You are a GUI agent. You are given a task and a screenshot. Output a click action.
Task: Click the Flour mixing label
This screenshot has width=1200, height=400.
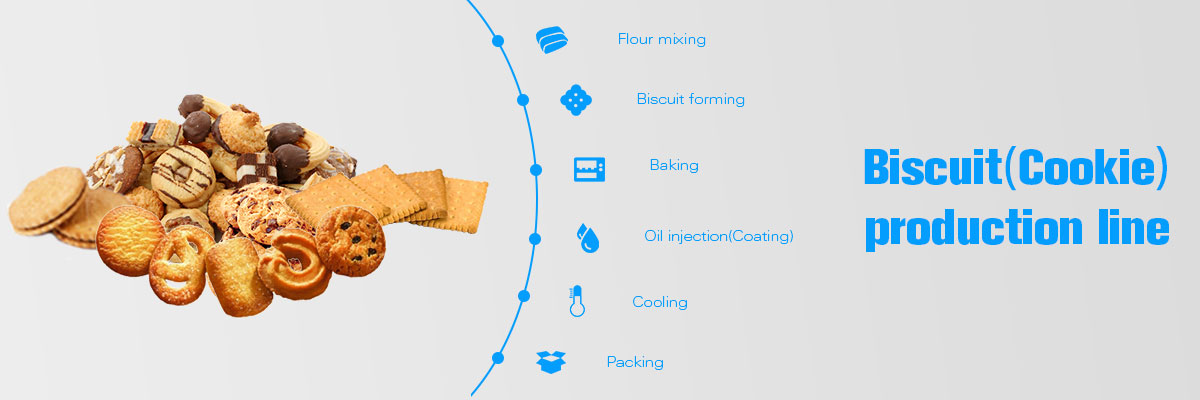[x=662, y=40]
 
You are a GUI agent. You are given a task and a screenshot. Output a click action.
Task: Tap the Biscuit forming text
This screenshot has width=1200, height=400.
[x=691, y=99]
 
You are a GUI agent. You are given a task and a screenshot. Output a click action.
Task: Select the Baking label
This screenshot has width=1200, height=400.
[x=674, y=165]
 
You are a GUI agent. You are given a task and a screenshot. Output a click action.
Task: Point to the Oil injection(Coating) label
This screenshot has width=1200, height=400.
[x=718, y=236]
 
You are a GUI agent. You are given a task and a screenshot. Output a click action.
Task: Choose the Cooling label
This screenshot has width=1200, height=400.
[x=660, y=303]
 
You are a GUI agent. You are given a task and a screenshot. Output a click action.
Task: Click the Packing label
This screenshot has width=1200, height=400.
[x=635, y=363]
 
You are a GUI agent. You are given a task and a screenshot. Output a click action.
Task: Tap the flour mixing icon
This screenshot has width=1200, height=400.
[x=552, y=40]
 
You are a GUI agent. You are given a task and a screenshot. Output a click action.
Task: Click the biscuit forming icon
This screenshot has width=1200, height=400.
[x=576, y=100]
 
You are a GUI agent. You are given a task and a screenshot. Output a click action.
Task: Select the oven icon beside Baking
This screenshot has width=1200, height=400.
[x=589, y=169]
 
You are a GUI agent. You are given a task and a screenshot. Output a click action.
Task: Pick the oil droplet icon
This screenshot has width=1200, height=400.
[x=588, y=238]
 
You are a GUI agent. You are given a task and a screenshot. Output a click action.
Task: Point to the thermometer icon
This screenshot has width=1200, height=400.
[x=577, y=301]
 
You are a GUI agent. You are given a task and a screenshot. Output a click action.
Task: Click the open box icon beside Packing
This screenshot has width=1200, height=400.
[x=551, y=362]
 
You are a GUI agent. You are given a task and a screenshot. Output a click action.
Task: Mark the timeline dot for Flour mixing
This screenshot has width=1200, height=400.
[x=498, y=41]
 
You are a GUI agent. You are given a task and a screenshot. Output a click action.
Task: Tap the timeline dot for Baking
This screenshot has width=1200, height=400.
[x=536, y=170]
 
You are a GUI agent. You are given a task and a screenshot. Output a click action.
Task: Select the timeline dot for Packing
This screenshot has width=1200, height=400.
[x=498, y=358]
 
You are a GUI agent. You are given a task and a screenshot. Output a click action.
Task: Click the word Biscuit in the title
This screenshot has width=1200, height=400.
[x=933, y=167]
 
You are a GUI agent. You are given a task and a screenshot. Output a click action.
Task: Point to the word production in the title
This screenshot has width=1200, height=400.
[x=974, y=229]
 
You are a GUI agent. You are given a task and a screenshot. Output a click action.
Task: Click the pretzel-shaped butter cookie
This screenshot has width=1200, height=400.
[x=178, y=265]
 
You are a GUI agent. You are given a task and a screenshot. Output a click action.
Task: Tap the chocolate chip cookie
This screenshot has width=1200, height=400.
[x=350, y=241]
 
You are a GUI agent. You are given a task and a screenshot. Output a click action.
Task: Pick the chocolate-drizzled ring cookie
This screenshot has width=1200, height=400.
[x=183, y=176]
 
